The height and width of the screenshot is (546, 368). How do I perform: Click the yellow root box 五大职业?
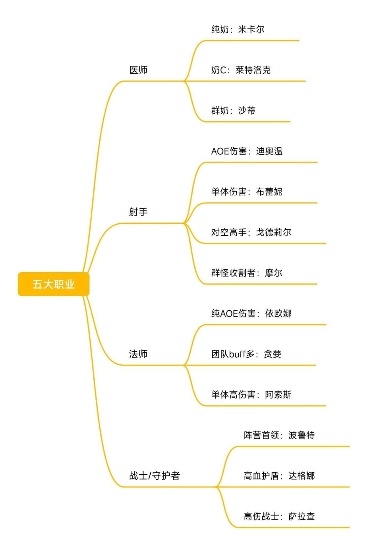[53, 284]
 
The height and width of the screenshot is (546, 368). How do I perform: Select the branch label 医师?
[138, 70]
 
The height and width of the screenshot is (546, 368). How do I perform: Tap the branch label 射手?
[138, 212]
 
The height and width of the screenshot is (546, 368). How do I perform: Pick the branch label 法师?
[138, 354]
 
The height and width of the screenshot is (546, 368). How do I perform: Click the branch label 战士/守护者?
[155, 475]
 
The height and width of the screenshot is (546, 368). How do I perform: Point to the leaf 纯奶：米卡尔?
[238, 29]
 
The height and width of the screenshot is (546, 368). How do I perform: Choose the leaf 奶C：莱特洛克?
[241, 70]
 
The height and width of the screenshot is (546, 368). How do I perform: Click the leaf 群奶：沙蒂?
[233, 110]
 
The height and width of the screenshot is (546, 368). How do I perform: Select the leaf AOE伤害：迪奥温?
[247, 151]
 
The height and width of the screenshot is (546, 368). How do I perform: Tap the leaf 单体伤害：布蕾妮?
[247, 192]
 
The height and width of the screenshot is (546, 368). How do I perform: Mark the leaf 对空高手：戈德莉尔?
[251, 232]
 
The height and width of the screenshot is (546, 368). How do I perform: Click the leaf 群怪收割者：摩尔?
[247, 273]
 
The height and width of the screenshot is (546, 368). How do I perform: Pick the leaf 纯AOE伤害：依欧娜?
[251, 313]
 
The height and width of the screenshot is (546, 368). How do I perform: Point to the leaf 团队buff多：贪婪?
[246, 354]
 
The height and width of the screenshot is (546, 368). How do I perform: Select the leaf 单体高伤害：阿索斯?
[251, 395]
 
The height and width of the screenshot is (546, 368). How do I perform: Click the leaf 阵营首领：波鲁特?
[279, 435]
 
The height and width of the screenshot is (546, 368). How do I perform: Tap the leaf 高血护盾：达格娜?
[279, 475]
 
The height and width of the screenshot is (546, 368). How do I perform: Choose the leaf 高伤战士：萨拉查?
[279, 516]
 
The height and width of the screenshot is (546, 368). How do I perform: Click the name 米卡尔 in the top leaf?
[251, 29]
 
